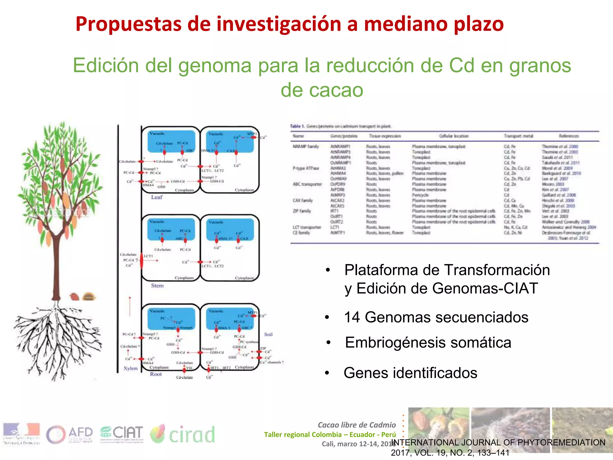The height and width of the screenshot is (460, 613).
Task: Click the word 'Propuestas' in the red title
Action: [x=129, y=24]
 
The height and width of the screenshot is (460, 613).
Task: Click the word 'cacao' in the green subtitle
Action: [x=322, y=90]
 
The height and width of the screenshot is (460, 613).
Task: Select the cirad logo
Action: [x=183, y=434]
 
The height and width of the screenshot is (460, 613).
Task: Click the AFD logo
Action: [x=69, y=434]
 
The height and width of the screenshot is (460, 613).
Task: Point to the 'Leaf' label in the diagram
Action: [x=157, y=197]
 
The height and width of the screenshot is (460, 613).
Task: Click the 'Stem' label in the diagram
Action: [x=157, y=285]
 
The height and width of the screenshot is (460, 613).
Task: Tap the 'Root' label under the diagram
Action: [x=156, y=374]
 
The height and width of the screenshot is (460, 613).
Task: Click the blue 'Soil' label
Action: [x=268, y=334]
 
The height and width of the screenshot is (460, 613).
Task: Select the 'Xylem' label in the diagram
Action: [x=131, y=368]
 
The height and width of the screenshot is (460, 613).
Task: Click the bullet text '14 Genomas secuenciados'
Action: [x=436, y=317]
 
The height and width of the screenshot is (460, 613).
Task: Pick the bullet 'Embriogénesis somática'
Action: [x=428, y=342]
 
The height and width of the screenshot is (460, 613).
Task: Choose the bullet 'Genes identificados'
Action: [x=410, y=373]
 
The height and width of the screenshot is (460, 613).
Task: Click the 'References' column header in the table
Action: [x=569, y=136]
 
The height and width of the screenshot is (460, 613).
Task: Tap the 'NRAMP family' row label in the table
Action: [x=306, y=146]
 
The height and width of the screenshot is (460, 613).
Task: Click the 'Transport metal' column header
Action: [x=518, y=136]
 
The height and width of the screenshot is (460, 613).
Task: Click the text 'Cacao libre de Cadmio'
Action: [x=356, y=425]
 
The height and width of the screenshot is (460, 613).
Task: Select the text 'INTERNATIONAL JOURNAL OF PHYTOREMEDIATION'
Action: [x=498, y=442]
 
